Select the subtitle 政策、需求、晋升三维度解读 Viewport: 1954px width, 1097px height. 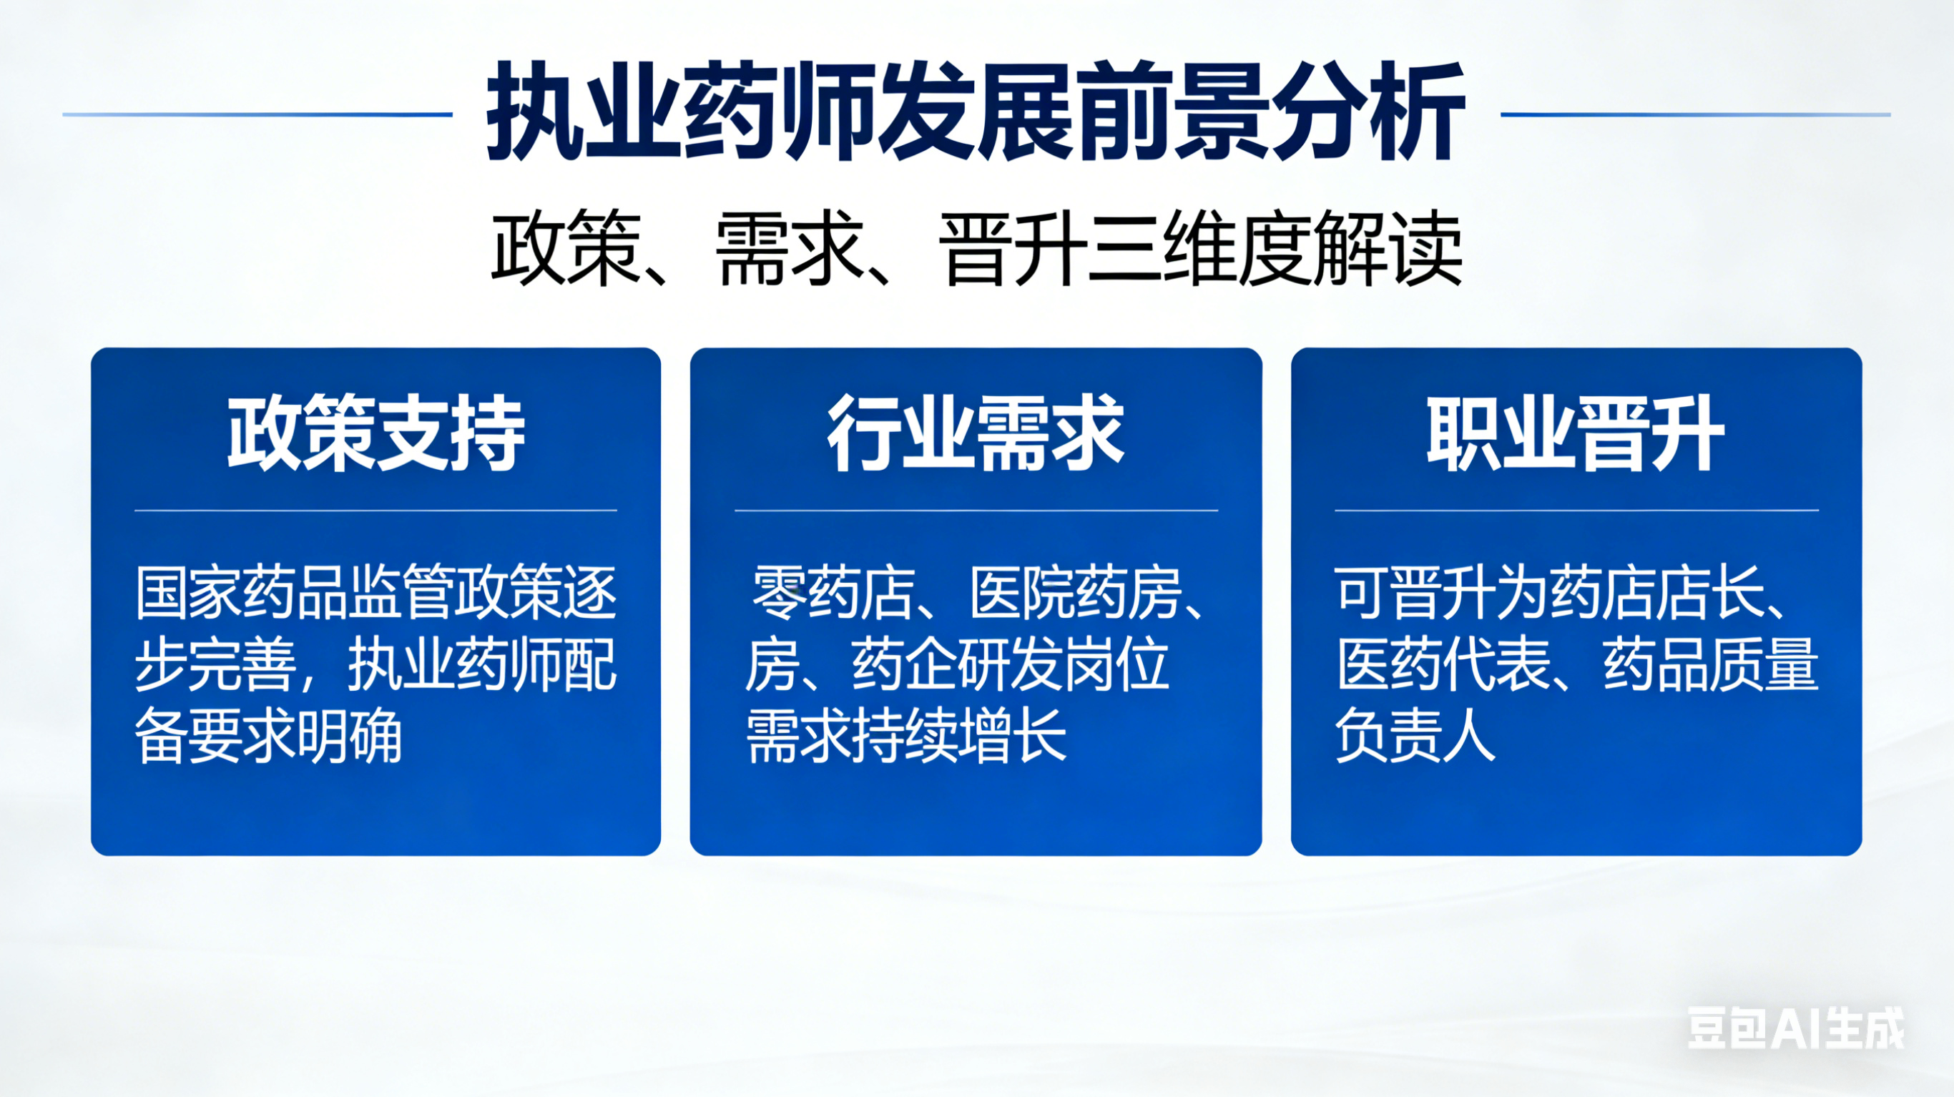coord(976,248)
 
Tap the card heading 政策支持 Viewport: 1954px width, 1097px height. coord(376,433)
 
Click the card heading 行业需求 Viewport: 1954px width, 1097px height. coord(976,433)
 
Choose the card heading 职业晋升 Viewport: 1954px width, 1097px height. coord(1576,433)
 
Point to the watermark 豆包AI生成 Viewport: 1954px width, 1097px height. coord(1795,1028)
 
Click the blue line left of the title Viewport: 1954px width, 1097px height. coord(257,114)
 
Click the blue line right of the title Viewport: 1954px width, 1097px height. coord(1695,114)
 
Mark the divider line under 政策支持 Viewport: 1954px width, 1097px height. coord(375,511)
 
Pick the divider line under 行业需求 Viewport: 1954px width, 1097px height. coord(976,511)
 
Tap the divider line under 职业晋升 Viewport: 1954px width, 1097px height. coord(1577,511)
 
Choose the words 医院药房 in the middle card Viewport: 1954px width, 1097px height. coord(1076,591)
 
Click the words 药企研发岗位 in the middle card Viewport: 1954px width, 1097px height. coord(1010,664)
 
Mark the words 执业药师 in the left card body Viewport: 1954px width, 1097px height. coord(454,664)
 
